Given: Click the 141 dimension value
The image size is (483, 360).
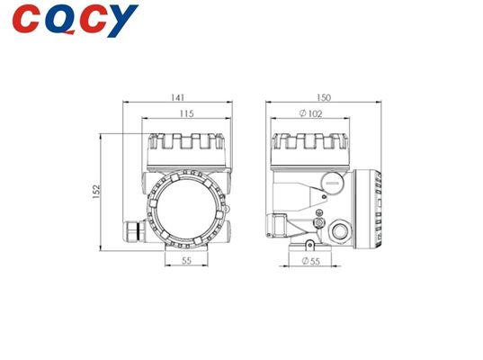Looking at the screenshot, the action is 178,97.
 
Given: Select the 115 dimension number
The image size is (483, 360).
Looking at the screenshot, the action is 187,113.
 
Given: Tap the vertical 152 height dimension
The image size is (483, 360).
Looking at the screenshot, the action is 96,192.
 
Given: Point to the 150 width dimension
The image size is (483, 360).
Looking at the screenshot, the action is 324,97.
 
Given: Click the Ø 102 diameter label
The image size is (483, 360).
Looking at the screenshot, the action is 311,113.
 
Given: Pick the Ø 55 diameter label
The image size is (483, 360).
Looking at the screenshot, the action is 311,261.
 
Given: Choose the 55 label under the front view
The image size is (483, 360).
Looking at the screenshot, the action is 186,261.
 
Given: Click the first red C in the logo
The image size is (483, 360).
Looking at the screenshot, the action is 26,19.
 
